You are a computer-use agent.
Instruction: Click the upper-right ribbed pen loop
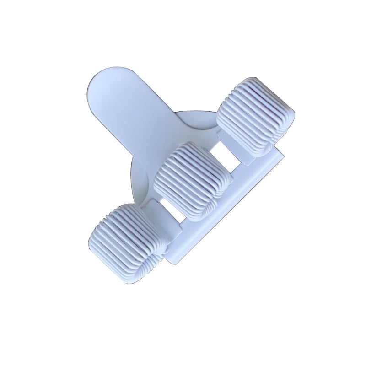255,114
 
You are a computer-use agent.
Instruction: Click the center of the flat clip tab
133,114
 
